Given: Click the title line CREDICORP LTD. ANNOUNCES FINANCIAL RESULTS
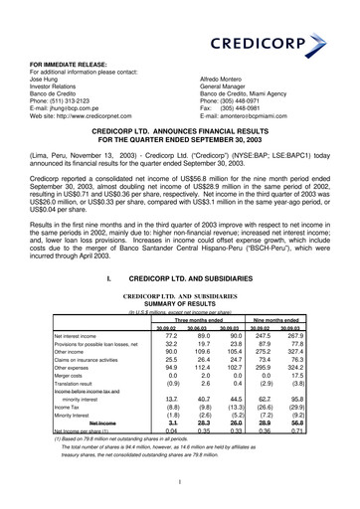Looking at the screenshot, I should (181, 157).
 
